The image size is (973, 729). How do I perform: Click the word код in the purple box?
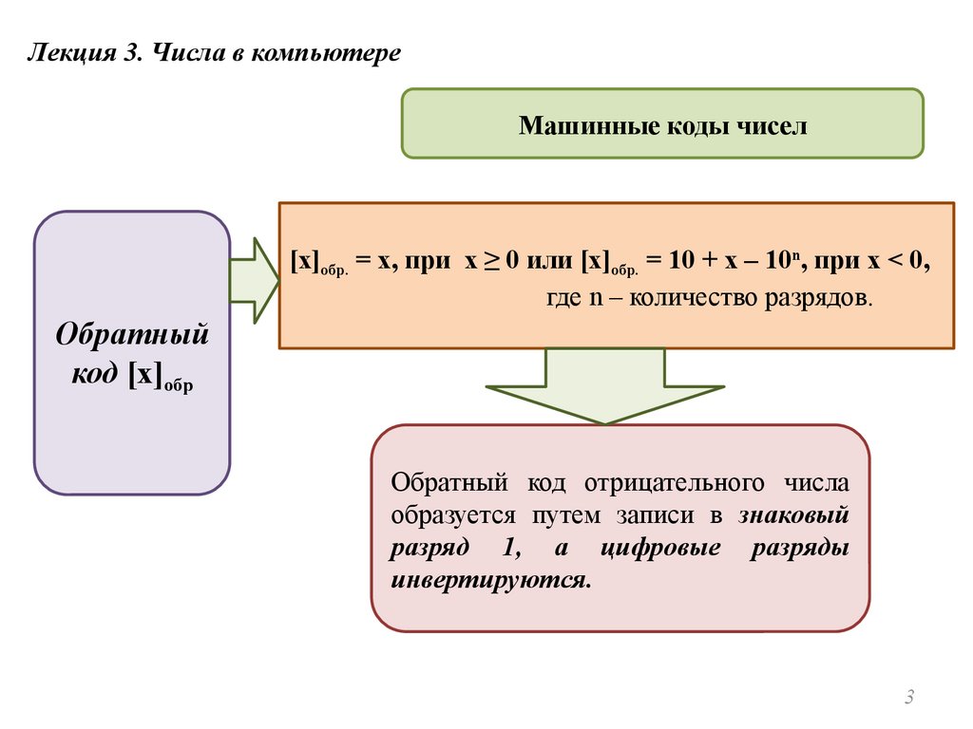(x=96, y=374)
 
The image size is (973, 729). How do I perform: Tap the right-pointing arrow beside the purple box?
(x=253, y=281)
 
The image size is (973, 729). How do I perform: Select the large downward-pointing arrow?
(x=604, y=384)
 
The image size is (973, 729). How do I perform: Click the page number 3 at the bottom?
(x=908, y=700)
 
